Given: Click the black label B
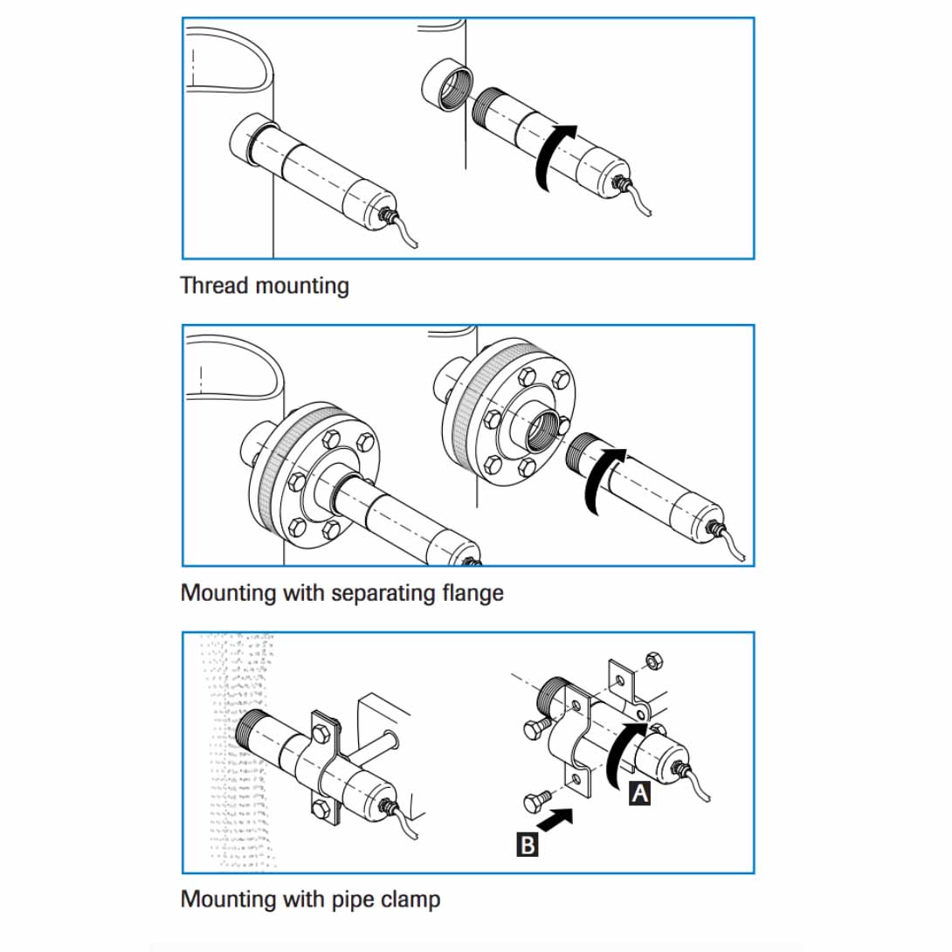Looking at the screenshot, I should pyautogui.click(x=528, y=845).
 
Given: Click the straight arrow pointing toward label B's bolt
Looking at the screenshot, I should pyautogui.click(x=556, y=820).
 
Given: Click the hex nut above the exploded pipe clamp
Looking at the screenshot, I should pyautogui.click(x=652, y=661).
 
